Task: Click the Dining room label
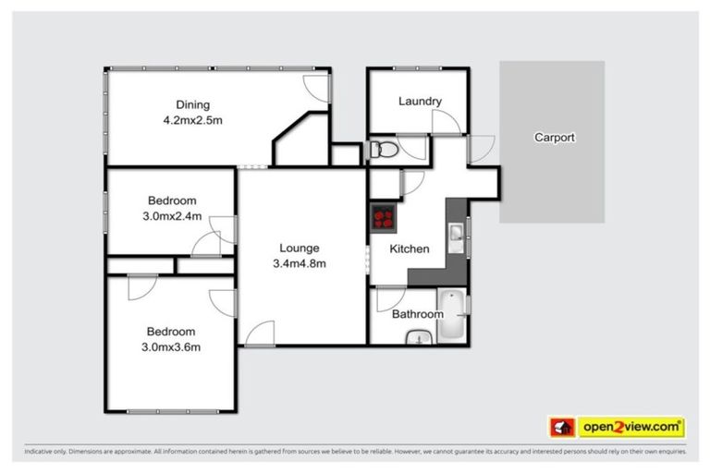pos(193,104)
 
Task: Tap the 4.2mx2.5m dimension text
pos(193,119)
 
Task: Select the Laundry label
pos(420,102)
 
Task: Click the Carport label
pos(554,138)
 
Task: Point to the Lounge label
pos(300,248)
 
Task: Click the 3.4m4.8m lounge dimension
pos(300,263)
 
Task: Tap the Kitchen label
pos(409,249)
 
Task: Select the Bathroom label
pos(417,314)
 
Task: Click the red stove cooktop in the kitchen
pos(383,219)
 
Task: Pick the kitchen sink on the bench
pos(457,238)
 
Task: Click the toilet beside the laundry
pos(383,150)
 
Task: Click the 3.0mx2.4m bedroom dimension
pos(172,216)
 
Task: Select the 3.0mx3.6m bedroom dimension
pos(172,347)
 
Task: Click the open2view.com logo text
pos(631,427)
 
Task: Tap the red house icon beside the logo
pos(562,427)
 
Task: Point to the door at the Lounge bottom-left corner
pos(261,333)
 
